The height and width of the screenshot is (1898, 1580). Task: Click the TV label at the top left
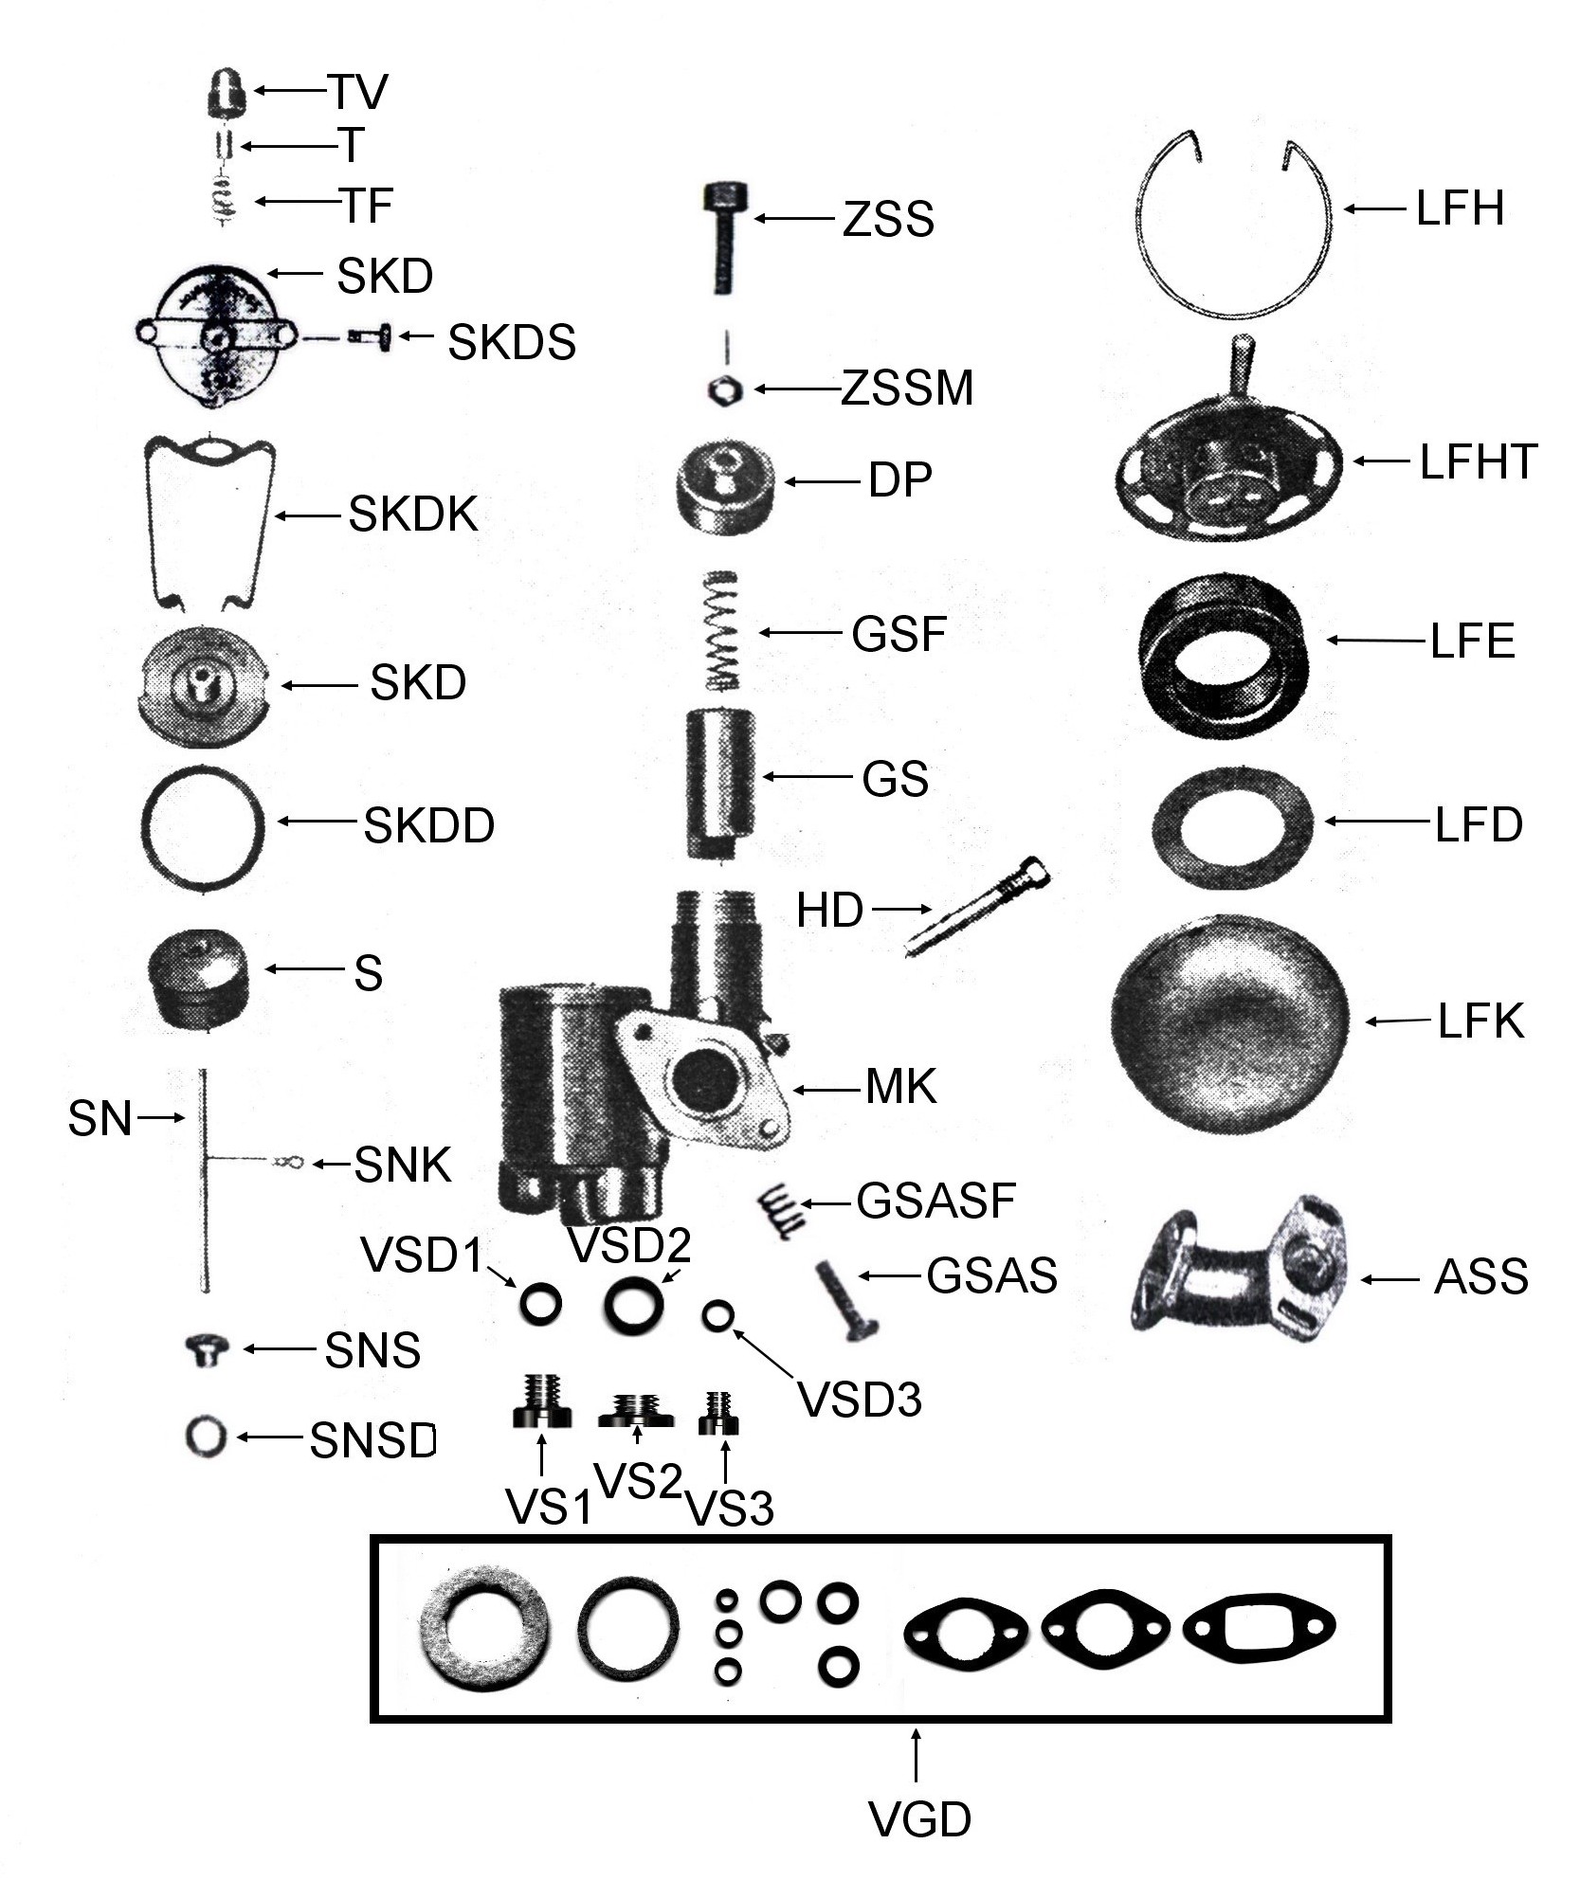pyautogui.click(x=358, y=92)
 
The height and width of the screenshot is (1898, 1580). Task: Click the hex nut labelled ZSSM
pyautogui.click(x=725, y=389)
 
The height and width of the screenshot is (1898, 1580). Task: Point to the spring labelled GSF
pyautogui.click(x=723, y=631)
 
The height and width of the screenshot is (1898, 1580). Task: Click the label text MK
pyautogui.click(x=900, y=1087)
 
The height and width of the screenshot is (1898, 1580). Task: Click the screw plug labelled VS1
pyautogui.click(x=541, y=1413)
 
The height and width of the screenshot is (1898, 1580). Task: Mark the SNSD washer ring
pyautogui.click(x=206, y=1436)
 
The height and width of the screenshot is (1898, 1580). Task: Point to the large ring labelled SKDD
pyautogui.click(x=203, y=823)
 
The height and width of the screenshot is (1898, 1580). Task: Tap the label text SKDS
pyautogui.click(x=512, y=342)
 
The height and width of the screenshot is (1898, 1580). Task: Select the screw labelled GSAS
pyautogui.click(x=846, y=1300)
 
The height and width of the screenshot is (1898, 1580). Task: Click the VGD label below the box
pyautogui.click(x=919, y=1819)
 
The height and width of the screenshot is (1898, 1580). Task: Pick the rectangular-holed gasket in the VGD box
pyautogui.click(x=1259, y=1629)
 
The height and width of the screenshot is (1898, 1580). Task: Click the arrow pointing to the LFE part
pyautogui.click(x=1374, y=641)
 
